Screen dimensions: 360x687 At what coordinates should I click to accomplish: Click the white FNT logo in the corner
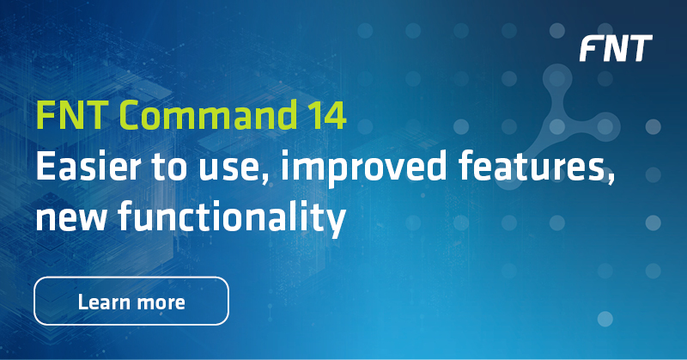pos(615,49)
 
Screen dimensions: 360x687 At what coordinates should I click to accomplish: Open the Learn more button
pos(131,302)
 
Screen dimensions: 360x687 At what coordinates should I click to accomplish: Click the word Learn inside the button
pos(100,302)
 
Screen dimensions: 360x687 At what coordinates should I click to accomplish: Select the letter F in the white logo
pos(591,49)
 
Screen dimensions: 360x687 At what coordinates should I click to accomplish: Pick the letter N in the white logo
pos(615,49)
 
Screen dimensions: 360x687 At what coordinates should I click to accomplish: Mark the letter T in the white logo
pos(640,49)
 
